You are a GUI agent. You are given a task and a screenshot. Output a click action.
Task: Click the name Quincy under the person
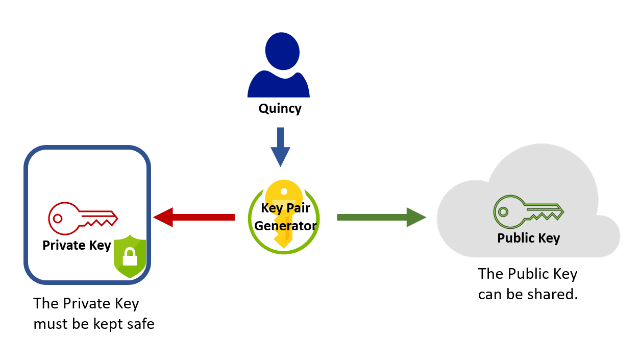point(280,109)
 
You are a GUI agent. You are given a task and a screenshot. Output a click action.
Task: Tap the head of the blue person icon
point(282,51)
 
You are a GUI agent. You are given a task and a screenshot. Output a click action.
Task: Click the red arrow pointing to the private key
point(194,217)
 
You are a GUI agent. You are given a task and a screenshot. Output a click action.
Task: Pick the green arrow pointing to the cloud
point(381,217)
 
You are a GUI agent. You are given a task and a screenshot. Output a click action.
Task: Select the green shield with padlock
point(130,256)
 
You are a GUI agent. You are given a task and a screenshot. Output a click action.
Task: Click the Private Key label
point(77,246)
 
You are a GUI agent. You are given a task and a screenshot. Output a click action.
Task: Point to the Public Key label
point(528,238)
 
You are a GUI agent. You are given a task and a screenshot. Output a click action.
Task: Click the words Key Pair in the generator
point(285,208)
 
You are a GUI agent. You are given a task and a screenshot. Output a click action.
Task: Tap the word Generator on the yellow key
point(285,225)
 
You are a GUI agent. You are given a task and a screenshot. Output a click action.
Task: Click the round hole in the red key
point(58,218)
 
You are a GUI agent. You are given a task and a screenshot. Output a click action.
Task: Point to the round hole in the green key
point(503,211)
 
